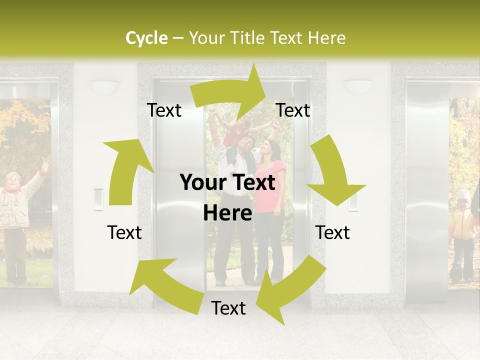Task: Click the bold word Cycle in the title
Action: coord(146,38)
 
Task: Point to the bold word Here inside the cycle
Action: coord(227,213)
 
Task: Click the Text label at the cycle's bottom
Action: coord(228,308)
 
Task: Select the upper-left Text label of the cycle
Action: coord(164,110)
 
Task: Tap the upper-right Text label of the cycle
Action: coord(293,110)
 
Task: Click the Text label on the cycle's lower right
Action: coord(332,232)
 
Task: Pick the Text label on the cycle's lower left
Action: coord(124,232)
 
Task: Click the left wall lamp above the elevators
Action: coord(104,87)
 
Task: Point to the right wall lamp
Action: coord(358,86)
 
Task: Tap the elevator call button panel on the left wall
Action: coord(98,198)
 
